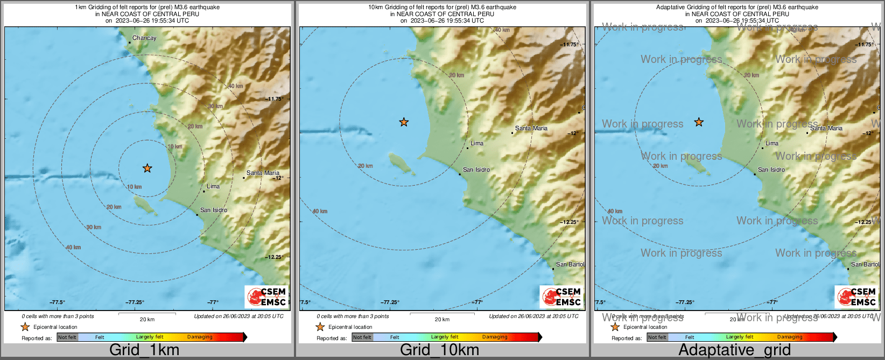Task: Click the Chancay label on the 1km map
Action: (144, 38)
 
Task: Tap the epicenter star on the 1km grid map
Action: (147, 168)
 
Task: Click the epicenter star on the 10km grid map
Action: (404, 123)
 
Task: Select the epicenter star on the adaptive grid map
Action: (699, 123)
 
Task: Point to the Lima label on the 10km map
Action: (477, 144)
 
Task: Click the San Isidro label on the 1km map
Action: (214, 210)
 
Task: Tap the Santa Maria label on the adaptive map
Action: (826, 129)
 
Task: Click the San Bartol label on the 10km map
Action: (570, 265)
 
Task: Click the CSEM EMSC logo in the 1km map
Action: (266, 297)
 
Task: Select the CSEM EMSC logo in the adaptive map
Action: (856, 297)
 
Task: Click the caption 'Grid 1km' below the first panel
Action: (144, 350)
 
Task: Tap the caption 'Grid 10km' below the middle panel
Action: (439, 350)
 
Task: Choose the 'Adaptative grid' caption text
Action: (734, 350)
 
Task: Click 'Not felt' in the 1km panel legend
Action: (67, 337)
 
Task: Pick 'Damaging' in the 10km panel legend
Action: (495, 337)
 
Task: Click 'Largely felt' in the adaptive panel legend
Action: (739, 337)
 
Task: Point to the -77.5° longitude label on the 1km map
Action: (57, 302)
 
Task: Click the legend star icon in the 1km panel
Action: (25, 327)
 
